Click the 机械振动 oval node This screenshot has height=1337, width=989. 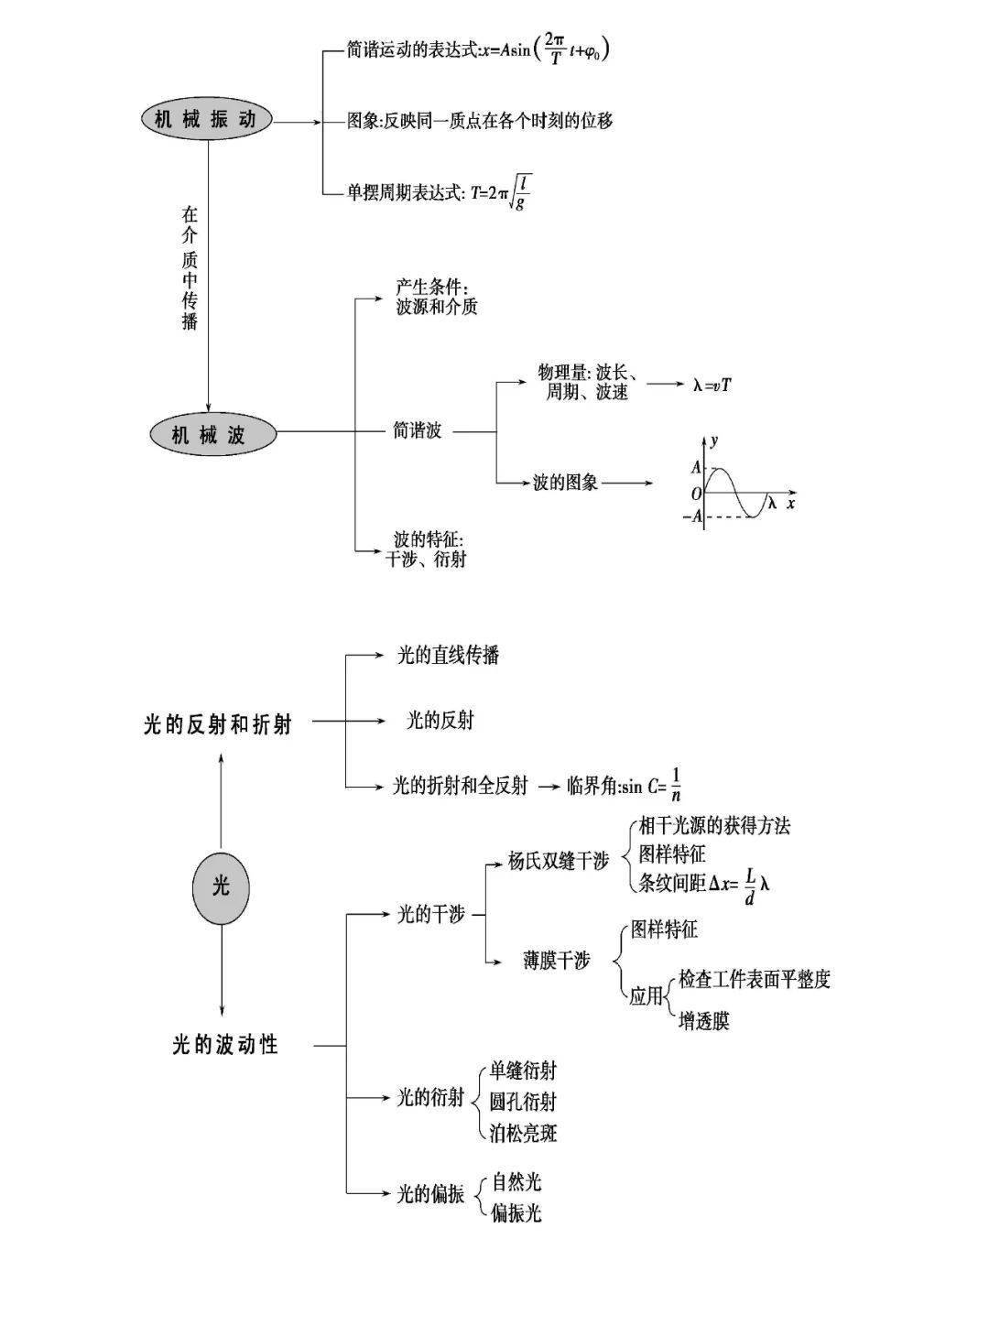tap(207, 120)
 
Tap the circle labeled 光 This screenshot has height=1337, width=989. tap(221, 885)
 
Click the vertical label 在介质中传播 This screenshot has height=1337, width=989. tap(190, 268)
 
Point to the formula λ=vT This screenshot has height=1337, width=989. tap(712, 386)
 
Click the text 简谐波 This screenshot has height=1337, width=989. tap(417, 430)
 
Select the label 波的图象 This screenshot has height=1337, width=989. tap(565, 482)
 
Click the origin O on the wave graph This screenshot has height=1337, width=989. tap(696, 494)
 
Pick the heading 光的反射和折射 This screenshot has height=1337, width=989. tap(218, 724)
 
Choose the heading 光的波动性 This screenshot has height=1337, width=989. tap(224, 1044)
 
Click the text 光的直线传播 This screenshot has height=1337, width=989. tap(448, 655)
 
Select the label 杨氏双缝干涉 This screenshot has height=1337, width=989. tap(559, 861)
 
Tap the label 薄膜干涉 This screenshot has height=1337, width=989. tap(557, 961)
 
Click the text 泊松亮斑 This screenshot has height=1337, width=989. tap(523, 1133)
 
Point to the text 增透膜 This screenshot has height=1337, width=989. tap(703, 1020)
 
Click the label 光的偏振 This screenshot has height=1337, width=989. tap(429, 1193)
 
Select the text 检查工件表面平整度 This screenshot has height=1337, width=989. tap(754, 979)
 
